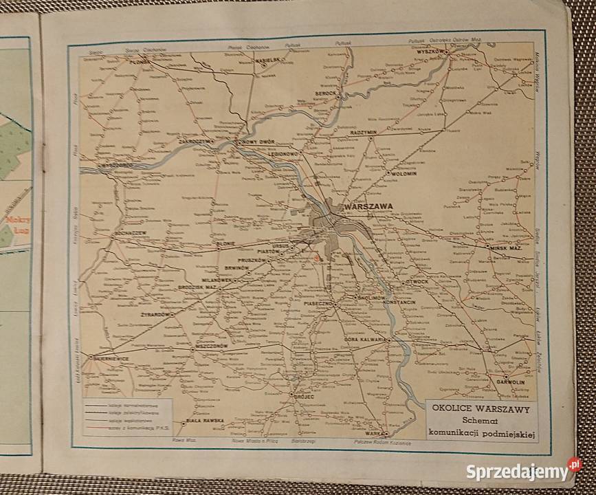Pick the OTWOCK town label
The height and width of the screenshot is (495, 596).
point(418,280)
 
